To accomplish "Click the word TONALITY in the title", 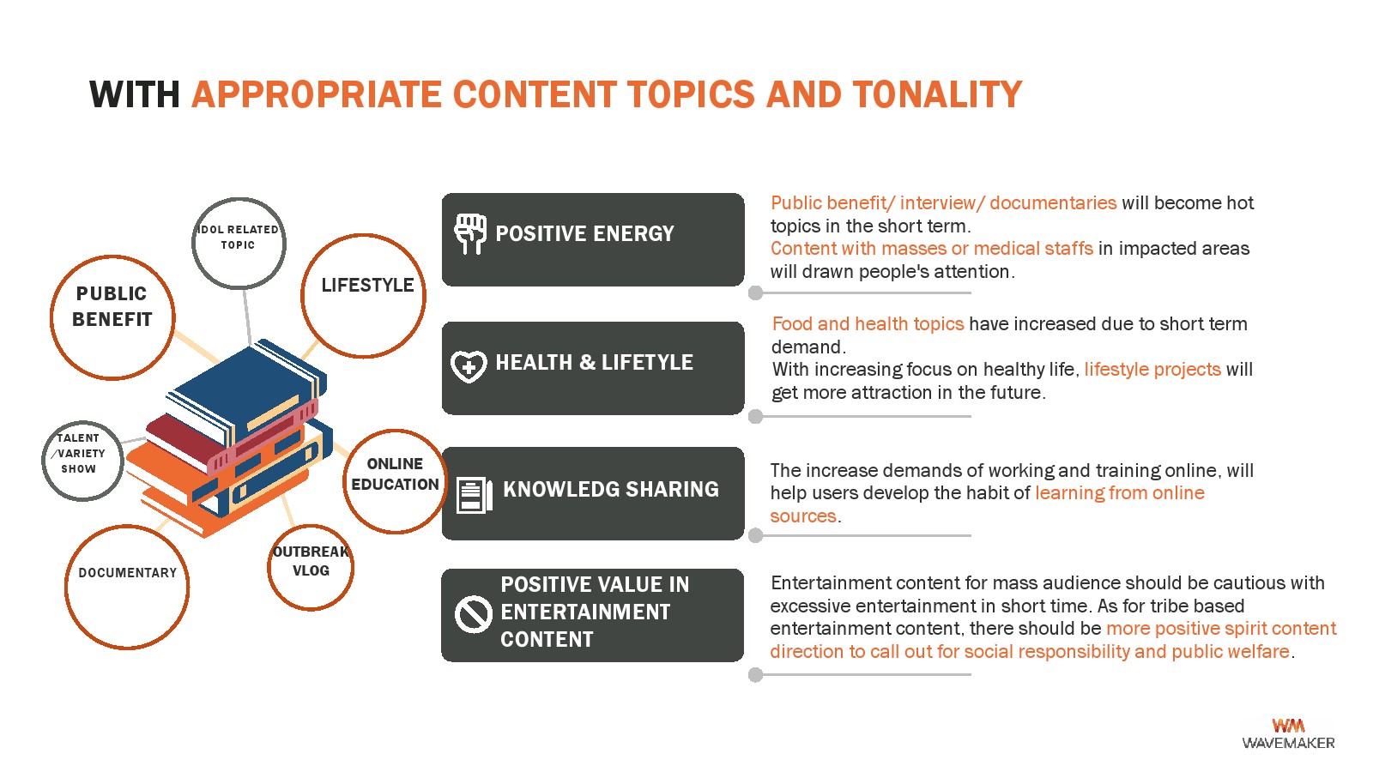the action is (937, 94).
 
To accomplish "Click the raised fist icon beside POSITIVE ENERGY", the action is (470, 234).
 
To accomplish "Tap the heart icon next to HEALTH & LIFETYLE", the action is (469, 366).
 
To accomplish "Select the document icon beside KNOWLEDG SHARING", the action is (475, 495).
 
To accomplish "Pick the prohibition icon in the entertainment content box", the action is (473, 614).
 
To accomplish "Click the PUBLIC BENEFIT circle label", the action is (112, 306).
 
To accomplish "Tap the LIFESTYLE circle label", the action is (368, 285).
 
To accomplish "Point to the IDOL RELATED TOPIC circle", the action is (239, 244).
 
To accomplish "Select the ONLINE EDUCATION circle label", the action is (395, 474).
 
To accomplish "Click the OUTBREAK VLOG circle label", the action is (311, 561).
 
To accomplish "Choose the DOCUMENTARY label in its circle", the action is (128, 573).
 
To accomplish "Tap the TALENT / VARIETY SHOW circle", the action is (82, 461).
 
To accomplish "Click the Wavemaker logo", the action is (1288, 734).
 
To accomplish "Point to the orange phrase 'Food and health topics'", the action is (868, 323).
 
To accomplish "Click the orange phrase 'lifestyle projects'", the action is (1152, 370).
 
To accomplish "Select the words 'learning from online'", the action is (1120, 492).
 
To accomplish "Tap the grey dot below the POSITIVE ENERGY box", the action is (756, 293).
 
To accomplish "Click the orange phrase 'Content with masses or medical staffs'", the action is (932, 248).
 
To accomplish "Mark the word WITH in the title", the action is (135, 94).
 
